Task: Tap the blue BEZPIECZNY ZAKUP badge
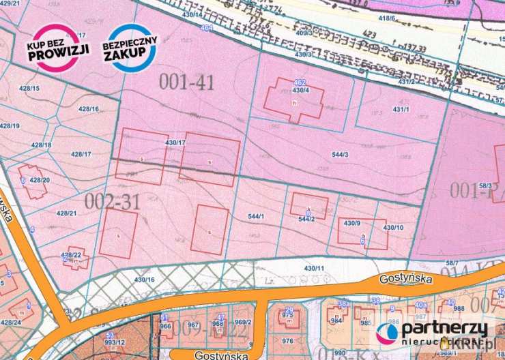(130, 48)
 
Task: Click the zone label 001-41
(187, 82)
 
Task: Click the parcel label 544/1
(256, 216)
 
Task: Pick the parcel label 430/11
(313, 268)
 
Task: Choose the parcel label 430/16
(145, 280)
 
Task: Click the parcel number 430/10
(393, 227)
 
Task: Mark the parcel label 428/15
(30, 89)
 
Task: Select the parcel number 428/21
(66, 213)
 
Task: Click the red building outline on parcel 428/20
(33, 181)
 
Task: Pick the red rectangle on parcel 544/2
(308, 205)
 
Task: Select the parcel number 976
(288, 342)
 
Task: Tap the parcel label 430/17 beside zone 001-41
(175, 142)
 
